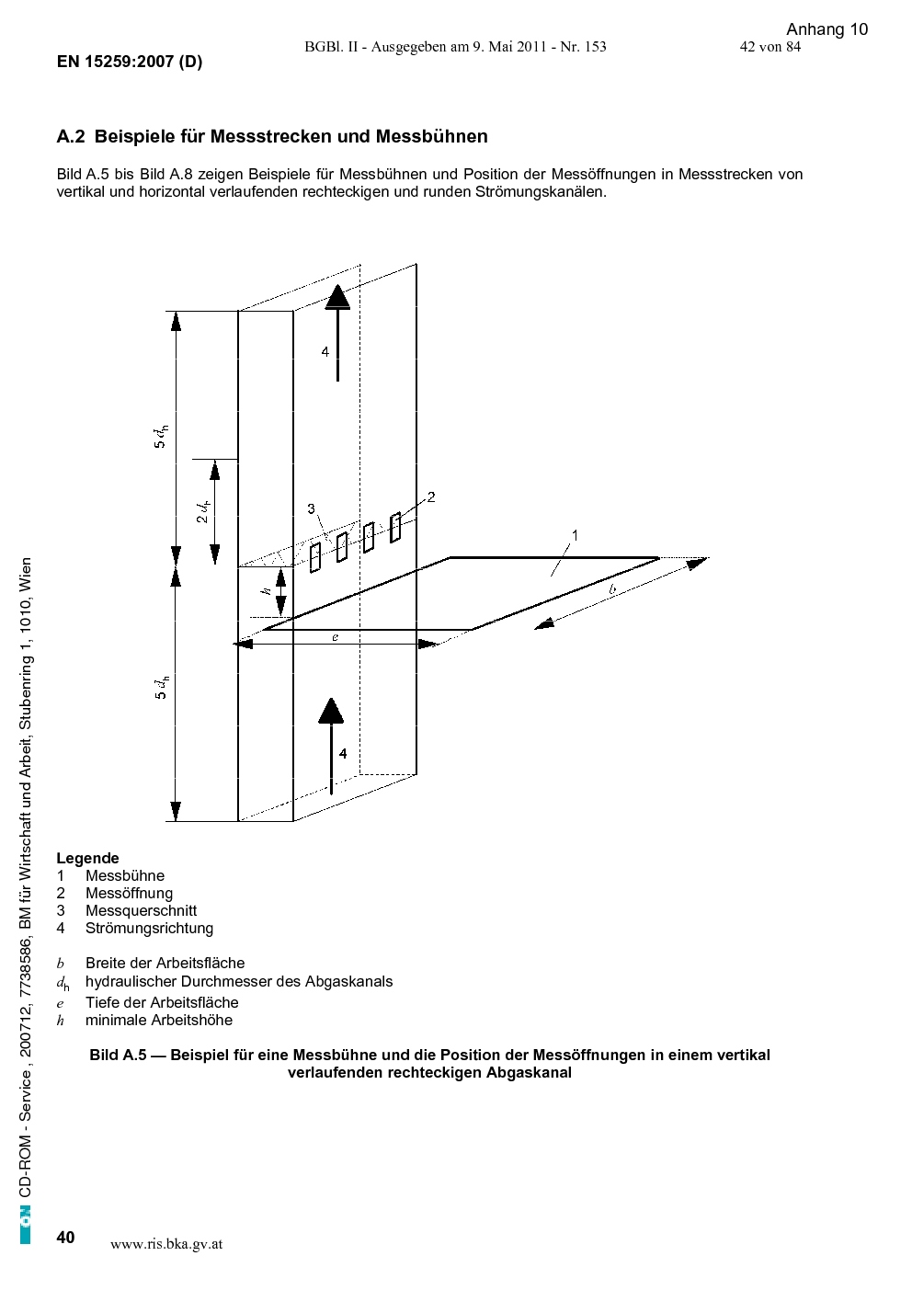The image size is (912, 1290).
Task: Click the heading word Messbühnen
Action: coord(432,136)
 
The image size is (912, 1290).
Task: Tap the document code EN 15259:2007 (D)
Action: coord(130,62)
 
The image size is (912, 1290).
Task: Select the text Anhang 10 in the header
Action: coord(826,29)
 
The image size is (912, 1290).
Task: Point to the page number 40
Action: coord(65,1237)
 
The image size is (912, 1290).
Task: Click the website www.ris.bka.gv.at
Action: coord(166,1244)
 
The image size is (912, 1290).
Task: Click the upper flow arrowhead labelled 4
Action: coord(337,297)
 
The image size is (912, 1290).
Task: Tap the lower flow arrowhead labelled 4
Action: coord(331,711)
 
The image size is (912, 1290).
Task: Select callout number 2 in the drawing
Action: coord(431,497)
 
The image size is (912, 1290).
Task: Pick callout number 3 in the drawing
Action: coord(311,508)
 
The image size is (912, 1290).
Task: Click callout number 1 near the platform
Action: coord(575,535)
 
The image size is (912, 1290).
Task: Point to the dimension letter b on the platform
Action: coord(612,589)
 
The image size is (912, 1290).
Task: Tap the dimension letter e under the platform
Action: coord(335,637)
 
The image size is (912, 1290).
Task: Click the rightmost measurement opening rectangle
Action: coord(395,528)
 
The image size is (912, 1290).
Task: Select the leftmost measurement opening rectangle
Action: coord(315,557)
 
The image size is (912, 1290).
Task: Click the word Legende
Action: coord(87,858)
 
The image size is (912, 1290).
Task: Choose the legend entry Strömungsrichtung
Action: coord(149,928)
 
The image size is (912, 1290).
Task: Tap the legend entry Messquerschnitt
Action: coord(141,910)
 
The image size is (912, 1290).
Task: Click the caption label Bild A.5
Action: coord(118,1055)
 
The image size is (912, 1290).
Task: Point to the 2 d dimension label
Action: coord(202,512)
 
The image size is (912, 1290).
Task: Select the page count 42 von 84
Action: coord(770,47)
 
